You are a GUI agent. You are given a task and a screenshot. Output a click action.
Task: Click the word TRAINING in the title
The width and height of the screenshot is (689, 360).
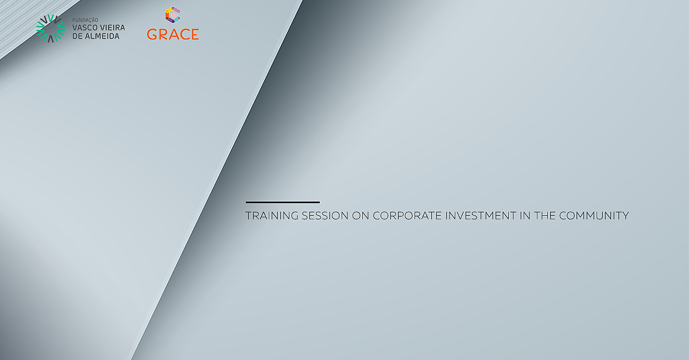pos(272,216)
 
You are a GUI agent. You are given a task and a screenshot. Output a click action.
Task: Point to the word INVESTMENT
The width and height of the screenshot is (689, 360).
pos(481,216)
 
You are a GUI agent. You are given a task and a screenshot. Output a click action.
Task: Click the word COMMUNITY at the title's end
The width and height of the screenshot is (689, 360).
pos(594,216)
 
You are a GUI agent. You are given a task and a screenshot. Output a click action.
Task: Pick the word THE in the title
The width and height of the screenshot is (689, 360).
pos(545,216)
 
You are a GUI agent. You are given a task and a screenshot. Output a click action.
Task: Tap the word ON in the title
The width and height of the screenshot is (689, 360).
pos(361,216)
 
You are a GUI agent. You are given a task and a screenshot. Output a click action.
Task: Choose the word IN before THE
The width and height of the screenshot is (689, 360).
pos(525,216)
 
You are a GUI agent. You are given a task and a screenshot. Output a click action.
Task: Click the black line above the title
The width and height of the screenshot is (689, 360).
pos(282,202)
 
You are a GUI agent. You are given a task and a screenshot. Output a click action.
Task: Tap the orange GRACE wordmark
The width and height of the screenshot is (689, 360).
pos(173,34)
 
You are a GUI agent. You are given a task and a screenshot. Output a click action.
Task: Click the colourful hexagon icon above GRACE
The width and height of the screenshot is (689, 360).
pos(173,15)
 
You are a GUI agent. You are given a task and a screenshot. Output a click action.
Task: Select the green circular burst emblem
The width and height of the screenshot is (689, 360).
pos(51,28)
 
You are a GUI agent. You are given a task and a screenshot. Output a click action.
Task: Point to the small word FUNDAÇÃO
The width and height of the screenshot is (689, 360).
pos(85,20)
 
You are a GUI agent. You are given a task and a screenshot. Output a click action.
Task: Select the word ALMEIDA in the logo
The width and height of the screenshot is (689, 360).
pos(102,36)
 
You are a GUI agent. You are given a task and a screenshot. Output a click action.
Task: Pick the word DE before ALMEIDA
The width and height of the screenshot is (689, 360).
pos(78,36)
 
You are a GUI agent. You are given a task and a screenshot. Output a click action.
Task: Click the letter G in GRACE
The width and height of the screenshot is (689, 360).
pos(152,34)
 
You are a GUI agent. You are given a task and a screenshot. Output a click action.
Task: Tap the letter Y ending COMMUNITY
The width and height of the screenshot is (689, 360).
pos(625,216)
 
